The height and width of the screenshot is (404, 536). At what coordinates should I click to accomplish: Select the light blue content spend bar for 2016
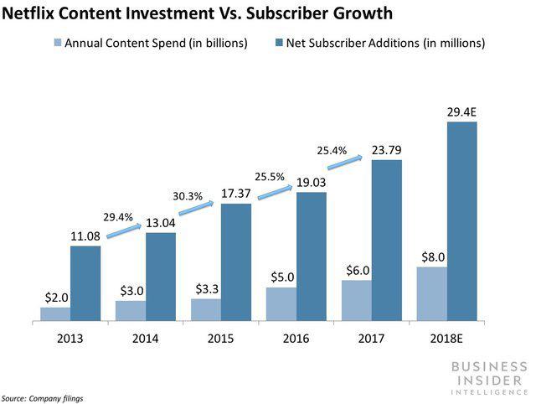281,304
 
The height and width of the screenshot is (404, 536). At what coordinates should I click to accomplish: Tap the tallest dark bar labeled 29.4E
461,221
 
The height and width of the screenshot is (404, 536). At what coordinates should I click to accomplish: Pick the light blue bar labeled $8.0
432,294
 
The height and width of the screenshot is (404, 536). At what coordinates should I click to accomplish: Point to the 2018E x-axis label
446,339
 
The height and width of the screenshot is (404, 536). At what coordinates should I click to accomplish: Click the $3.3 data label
206,289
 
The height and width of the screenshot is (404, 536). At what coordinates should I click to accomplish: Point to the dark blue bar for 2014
160,277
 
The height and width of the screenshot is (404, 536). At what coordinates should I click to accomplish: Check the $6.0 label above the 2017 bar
357,271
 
